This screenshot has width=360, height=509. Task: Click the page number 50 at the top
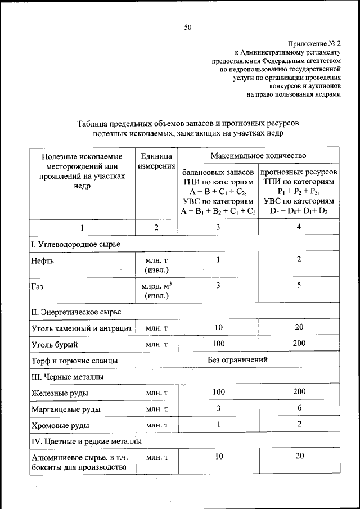tap(188, 26)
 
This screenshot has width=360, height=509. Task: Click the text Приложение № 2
tap(314, 42)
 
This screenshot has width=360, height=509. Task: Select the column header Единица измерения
tap(156, 160)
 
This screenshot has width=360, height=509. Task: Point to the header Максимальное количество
tap(258, 155)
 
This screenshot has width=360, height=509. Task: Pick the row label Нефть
tap(43, 261)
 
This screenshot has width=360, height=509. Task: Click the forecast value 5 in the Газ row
tap(299, 285)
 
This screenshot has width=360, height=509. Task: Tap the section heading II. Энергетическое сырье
tap(76, 311)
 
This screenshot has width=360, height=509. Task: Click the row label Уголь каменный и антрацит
tap(81, 328)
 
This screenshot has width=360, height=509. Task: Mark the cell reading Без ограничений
tap(237, 359)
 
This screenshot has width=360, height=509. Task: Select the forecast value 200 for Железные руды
tap(299, 392)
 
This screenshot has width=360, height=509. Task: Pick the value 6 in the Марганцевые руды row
tap(299, 408)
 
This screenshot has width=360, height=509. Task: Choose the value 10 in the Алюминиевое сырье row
tap(217, 457)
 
